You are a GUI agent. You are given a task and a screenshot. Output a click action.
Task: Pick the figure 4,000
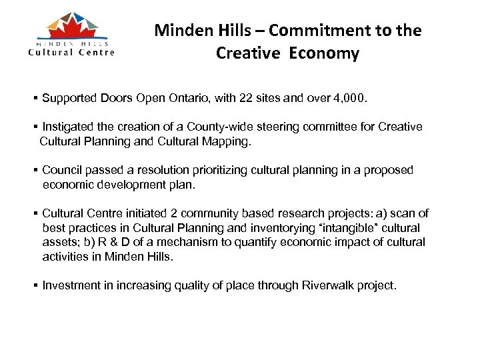click(348, 99)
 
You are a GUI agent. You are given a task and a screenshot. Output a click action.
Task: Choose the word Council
click(62, 170)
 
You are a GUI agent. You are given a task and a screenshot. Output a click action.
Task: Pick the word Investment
click(70, 285)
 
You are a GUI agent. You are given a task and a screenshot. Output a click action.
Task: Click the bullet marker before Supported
click(35, 99)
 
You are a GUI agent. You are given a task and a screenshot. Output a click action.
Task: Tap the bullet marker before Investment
click(35, 285)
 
